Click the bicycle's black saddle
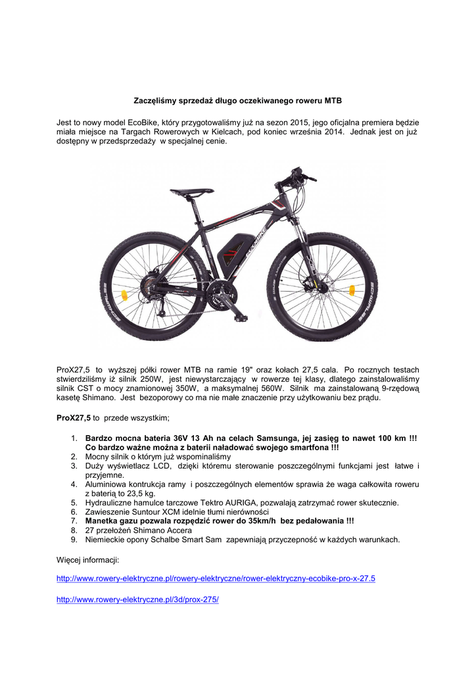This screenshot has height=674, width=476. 191,192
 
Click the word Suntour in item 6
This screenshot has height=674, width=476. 147,511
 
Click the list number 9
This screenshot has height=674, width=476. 74,539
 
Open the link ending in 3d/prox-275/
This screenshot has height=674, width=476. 137,600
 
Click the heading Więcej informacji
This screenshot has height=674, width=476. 87,559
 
